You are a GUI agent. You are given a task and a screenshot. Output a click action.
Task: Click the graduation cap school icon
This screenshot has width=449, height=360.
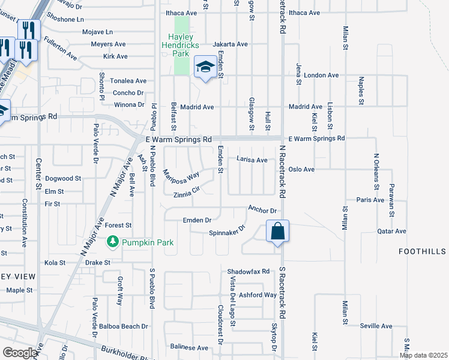point(205,67)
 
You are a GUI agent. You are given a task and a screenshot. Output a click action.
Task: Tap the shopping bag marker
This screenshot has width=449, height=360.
point(277,232)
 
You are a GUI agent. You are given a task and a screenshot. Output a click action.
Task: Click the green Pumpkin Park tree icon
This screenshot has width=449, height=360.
point(112,242)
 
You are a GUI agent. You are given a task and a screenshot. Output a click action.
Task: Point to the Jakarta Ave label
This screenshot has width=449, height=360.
point(230,44)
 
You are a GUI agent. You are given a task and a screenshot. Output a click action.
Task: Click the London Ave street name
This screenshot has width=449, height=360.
point(321,76)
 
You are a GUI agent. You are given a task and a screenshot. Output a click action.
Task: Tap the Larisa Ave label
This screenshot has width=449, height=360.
point(252,160)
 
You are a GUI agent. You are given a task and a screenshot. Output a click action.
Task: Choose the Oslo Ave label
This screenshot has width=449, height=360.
point(301,170)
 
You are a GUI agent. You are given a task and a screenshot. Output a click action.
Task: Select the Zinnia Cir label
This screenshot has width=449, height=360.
point(186,193)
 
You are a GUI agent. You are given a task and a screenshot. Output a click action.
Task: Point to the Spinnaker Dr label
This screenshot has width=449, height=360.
point(228,231)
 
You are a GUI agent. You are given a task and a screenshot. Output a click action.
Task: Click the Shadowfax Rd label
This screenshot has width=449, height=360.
point(249,271)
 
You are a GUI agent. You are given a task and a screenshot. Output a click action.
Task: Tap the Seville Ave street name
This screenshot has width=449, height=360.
point(376,326)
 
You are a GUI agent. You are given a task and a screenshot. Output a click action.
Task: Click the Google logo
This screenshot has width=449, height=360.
point(20,353)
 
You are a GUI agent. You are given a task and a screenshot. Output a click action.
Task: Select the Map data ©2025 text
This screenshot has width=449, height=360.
point(423,355)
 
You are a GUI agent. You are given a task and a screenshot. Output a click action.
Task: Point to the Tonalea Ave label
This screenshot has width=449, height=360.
point(128,81)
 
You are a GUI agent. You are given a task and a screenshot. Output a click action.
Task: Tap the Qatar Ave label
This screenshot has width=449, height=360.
point(391,231)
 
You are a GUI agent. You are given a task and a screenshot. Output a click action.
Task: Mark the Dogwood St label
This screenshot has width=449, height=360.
point(63,179)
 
